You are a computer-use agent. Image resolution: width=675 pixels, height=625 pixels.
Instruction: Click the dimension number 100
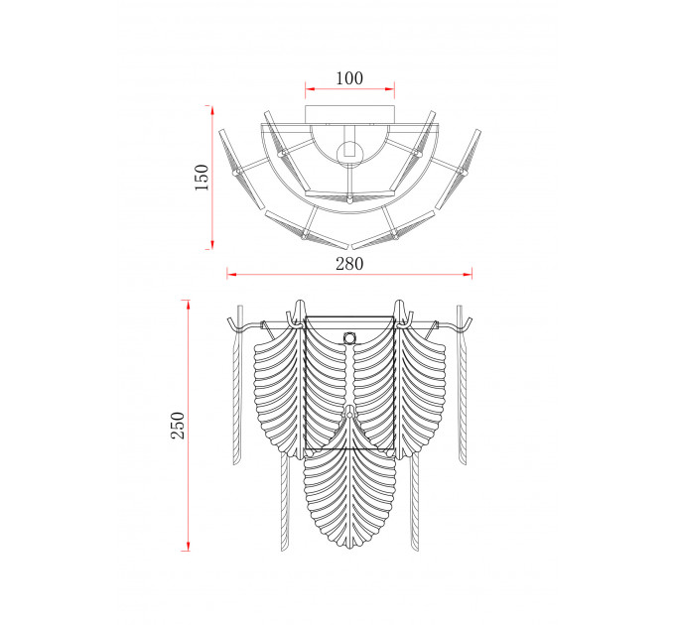[349, 78]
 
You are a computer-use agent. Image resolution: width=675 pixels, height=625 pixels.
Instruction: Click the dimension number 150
[202, 178]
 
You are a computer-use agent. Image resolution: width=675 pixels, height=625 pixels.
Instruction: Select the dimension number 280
[349, 264]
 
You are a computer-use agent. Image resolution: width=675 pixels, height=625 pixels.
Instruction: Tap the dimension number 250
[178, 425]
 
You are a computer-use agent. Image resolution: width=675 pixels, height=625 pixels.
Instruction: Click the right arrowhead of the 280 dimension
[468, 274]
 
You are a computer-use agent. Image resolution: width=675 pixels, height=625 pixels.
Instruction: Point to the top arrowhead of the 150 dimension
[212, 110]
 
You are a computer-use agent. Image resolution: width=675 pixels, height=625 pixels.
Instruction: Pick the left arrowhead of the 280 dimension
[232, 274]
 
